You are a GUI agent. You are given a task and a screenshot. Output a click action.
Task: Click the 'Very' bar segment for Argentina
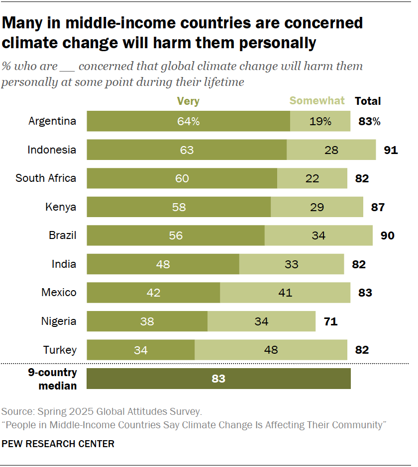[188, 121]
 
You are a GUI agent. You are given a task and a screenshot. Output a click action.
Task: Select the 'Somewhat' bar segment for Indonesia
[331, 150]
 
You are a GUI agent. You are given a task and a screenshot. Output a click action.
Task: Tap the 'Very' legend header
[188, 101]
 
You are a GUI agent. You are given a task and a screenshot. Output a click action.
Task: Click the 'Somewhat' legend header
[317, 101]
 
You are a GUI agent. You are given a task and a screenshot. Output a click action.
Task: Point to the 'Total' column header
[367, 101]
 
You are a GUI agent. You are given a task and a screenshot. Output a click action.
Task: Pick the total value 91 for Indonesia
[391, 150]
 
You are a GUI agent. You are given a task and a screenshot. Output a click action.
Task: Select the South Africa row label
[46, 178]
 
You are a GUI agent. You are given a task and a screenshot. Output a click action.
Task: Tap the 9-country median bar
[218, 379]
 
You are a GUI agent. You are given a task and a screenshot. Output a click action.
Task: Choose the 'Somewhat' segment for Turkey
[271, 350]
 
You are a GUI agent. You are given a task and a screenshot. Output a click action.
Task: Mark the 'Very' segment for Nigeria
[147, 321]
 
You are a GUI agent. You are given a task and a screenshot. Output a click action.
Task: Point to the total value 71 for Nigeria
[330, 321]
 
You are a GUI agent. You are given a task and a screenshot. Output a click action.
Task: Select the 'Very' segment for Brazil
[176, 235]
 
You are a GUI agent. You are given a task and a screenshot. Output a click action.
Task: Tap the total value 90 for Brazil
[387, 235]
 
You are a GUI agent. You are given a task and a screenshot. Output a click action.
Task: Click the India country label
[64, 264]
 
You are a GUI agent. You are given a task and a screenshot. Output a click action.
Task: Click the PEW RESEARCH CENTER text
[58, 444]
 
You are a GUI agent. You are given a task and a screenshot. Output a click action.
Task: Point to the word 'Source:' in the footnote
[18, 411]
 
